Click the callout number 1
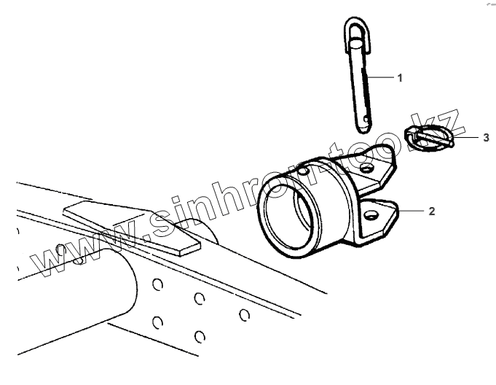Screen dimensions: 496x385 click(400, 77)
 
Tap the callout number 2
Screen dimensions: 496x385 click(431, 211)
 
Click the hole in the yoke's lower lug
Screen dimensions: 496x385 click(371, 215)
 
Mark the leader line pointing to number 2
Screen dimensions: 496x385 click(412, 211)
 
